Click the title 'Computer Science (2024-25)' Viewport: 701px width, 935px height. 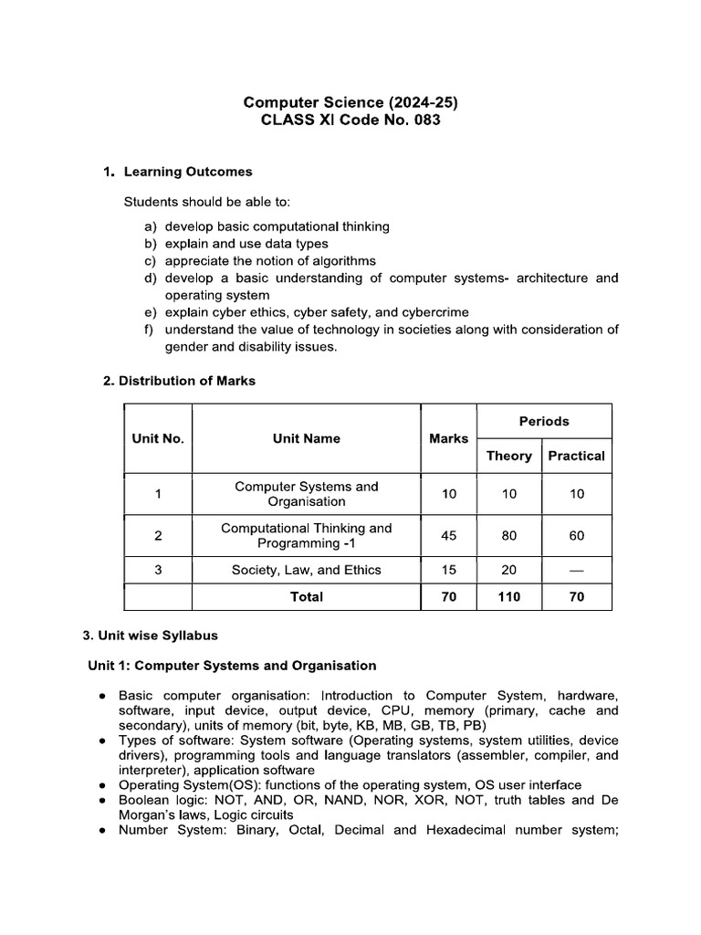350,102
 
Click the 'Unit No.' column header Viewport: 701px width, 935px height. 158,438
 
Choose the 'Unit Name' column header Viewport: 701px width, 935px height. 306,438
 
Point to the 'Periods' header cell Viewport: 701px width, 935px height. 544,421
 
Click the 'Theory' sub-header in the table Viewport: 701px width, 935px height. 508,456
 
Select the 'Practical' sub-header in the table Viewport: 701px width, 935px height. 576,456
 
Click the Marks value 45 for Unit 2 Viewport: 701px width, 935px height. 448,536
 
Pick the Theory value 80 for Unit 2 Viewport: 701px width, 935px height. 508,536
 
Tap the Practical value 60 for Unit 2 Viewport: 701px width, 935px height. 576,536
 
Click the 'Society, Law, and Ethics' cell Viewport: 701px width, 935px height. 306,570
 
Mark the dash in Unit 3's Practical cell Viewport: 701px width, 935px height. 576,570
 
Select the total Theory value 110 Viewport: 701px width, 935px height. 508,596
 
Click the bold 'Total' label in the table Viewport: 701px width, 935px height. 306,596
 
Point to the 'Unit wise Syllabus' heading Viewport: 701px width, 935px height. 159,635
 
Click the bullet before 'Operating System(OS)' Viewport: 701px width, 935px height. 105,785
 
